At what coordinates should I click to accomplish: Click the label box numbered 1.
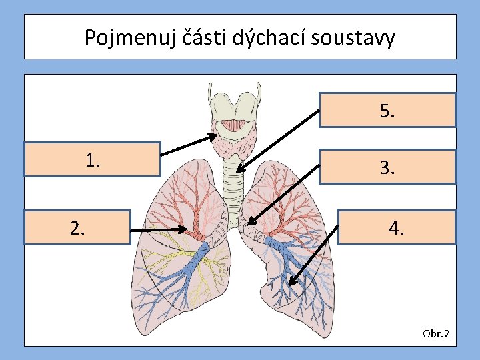pyautogui.click(x=93, y=159)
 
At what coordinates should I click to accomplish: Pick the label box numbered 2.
pyautogui.click(x=77, y=228)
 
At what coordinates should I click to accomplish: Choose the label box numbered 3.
pyautogui.click(x=387, y=167)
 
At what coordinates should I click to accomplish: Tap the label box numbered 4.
pyautogui.click(x=397, y=228)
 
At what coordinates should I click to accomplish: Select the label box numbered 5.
pyautogui.click(x=387, y=110)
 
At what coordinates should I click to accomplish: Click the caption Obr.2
pyautogui.click(x=436, y=333)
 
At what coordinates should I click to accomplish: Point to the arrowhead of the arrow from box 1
pyautogui.click(x=215, y=138)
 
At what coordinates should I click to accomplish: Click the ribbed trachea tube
pyautogui.click(x=233, y=180)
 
